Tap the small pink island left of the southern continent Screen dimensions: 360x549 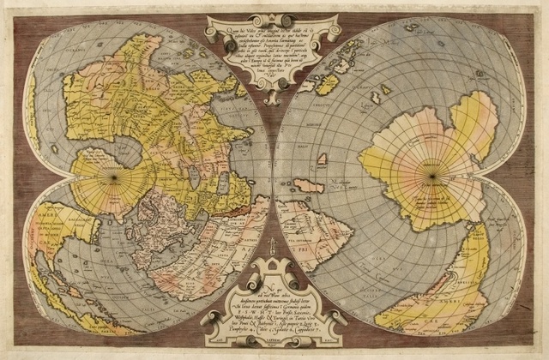pyautogui.click(x=322, y=159)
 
